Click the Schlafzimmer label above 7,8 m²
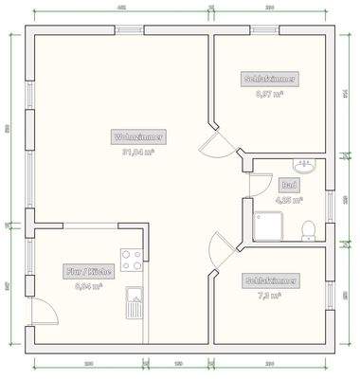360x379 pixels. (x=273, y=280)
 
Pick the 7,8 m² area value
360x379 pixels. (x=273, y=295)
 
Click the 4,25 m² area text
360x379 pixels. (x=288, y=200)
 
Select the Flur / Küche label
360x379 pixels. (x=89, y=271)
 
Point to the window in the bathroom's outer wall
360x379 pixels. (x=332, y=201)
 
